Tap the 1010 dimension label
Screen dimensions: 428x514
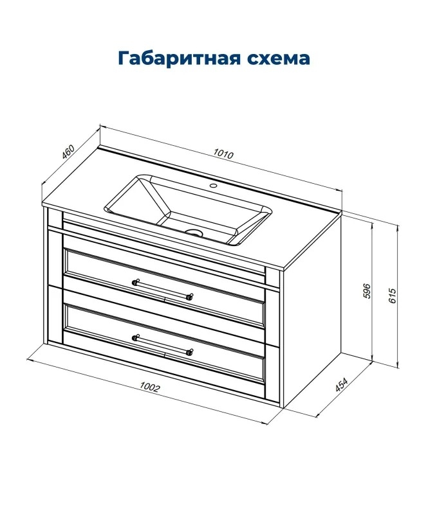click(223, 154)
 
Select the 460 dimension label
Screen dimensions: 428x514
click(68, 152)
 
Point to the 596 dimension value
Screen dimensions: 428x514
click(367, 290)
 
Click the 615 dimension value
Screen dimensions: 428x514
click(393, 296)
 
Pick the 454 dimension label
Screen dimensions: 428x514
click(341, 385)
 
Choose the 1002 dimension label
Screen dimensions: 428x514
click(149, 387)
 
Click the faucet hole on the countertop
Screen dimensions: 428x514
click(214, 186)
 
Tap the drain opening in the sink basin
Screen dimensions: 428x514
click(194, 233)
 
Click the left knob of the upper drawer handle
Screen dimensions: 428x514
click(135, 282)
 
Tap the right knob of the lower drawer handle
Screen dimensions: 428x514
click(189, 352)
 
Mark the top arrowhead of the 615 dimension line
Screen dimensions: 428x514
click(398, 228)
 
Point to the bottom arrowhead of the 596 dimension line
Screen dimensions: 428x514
click(372, 358)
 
